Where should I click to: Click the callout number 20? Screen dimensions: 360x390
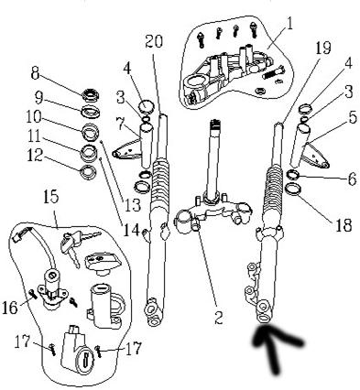(x=154, y=41)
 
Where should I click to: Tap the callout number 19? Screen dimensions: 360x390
(x=322, y=48)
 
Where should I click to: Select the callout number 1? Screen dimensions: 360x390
(x=289, y=23)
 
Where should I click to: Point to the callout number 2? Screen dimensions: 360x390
(x=219, y=318)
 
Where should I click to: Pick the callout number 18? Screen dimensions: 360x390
(x=344, y=225)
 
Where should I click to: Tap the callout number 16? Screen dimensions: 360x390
(x=10, y=308)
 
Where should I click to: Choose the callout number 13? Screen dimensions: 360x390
(x=132, y=205)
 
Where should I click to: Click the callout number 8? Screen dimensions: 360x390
(x=36, y=73)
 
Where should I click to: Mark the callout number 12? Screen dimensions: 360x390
(x=35, y=156)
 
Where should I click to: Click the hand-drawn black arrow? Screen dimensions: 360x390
(x=276, y=348)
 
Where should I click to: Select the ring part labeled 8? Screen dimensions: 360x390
(x=91, y=93)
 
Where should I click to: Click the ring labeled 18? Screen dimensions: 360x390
(x=293, y=189)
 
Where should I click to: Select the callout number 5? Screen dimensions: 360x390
(x=353, y=117)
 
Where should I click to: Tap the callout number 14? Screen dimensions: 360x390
(x=132, y=230)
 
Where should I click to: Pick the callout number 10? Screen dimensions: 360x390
(x=33, y=116)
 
